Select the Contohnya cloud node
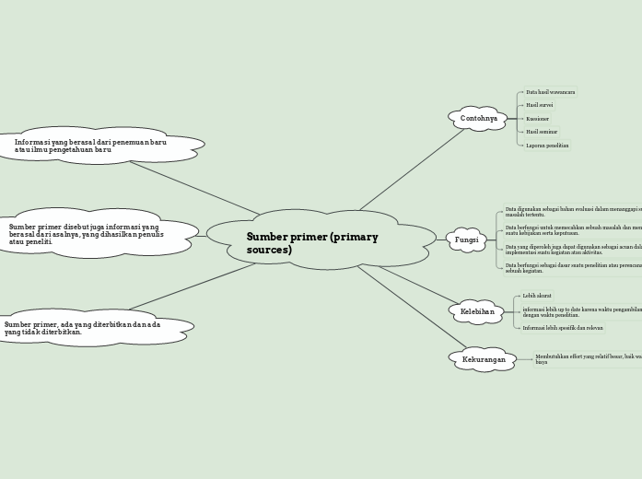(x=478, y=119)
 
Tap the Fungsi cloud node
(x=467, y=239)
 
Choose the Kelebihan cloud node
(x=477, y=312)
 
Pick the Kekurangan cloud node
(x=484, y=359)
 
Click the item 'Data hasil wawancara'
(x=550, y=92)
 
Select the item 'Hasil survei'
(x=539, y=105)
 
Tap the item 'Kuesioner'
(x=537, y=119)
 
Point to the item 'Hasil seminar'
(x=542, y=132)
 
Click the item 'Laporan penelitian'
(x=547, y=146)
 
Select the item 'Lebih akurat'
(x=537, y=296)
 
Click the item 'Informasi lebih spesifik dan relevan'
(x=563, y=328)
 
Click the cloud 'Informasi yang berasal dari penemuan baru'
(x=92, y=146)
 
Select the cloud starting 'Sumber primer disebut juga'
(x=88, y=234)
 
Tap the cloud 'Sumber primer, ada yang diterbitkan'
(x=83, y=328)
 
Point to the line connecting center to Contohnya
(x=413, y=169)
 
